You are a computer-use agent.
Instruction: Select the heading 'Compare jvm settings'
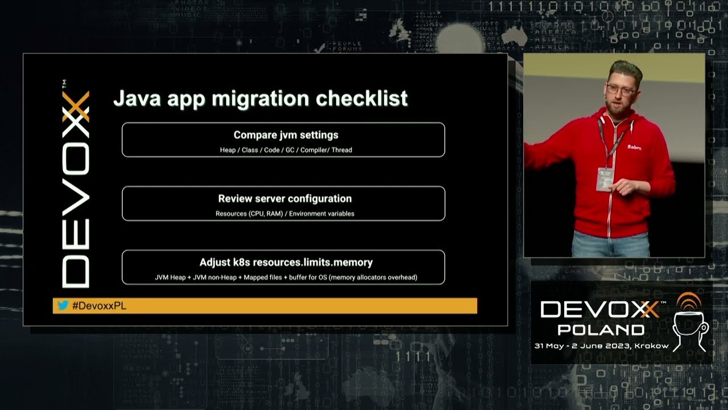coord(286,135)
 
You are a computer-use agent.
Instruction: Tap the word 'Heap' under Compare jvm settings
coord(227,150)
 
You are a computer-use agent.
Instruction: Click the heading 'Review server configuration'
coord(285,199)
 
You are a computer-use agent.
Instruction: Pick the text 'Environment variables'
coord(322,214)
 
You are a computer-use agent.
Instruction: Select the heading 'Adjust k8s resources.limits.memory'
coord(286,263)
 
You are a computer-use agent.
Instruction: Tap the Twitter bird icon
coord(63,306)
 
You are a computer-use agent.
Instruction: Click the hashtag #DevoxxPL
coord(99,306)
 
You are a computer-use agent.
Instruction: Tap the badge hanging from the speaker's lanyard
coord(605,178)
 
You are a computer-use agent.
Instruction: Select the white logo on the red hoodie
coord(634,147)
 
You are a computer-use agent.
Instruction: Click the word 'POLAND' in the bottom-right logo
coord(601,330)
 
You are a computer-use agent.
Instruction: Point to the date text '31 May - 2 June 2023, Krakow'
coord(601,346)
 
